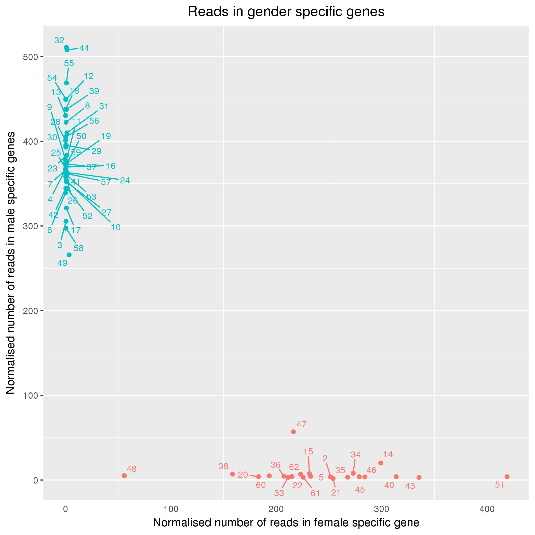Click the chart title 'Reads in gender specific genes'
click(286, 12)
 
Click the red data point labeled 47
click(293, 432)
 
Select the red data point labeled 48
click(124, 475)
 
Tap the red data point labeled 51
click(507, 477)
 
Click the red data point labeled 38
click(233, 474)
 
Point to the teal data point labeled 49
click(69, 255)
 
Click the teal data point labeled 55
click(66, 83)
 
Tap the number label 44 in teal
click(84, 48)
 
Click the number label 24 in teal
click(125, 181)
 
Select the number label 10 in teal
click(115, 227)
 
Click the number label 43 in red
click(410, 486)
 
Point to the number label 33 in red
click(279, 493)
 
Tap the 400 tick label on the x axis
click(487, 509)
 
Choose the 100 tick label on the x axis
click(171, 509)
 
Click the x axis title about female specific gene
click(286, 523)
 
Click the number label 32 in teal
click(59, 41)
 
